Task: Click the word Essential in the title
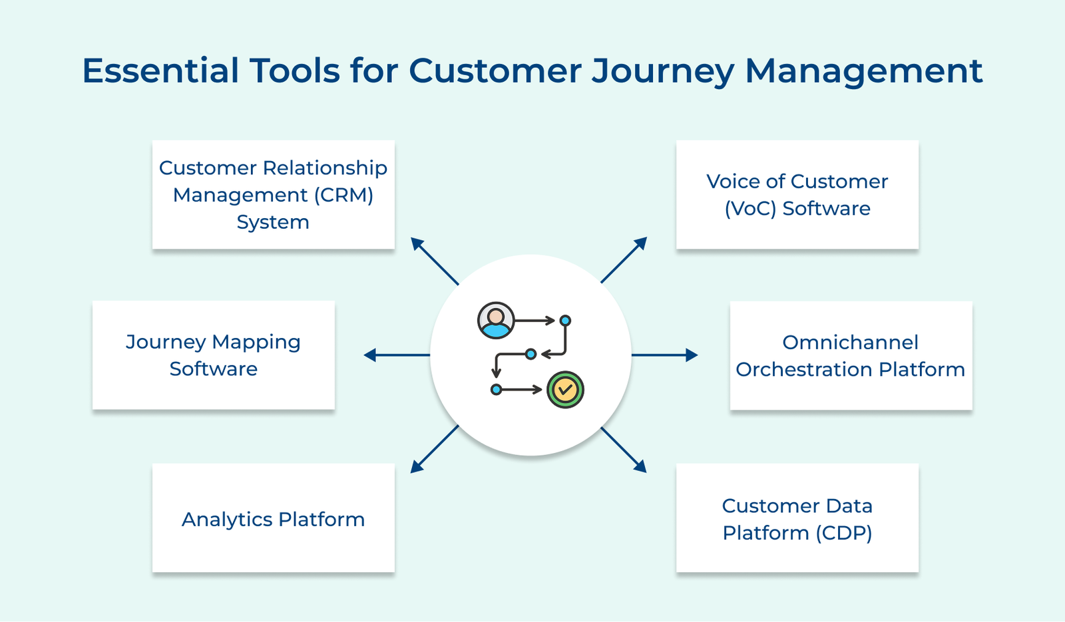click(x=160, y=71)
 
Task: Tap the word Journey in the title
click(x=663, y=71)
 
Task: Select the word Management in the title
click(x=863, y=71)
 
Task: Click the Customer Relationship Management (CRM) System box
click(x=273, y=194)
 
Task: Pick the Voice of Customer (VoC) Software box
click(x=797, y=194)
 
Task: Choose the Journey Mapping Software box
click(x=213, y=355)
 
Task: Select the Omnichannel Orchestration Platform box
click(x=850, y=355)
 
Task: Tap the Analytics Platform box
click(x=273, y=518)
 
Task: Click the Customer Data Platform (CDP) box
click(x=797, y=518)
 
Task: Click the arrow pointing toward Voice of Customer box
click(x=624, y=259)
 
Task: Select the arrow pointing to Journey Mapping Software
click(x=397, y=355)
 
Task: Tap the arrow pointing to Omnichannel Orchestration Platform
click(x=664, y=355)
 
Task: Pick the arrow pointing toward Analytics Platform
click(x=434, y=450)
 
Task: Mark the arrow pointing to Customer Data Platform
click(x=624, y=450)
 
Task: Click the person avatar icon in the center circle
click(x=496, y=321)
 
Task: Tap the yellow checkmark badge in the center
click(x=565, y=390)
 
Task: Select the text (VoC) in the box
click(x=751, y=209)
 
